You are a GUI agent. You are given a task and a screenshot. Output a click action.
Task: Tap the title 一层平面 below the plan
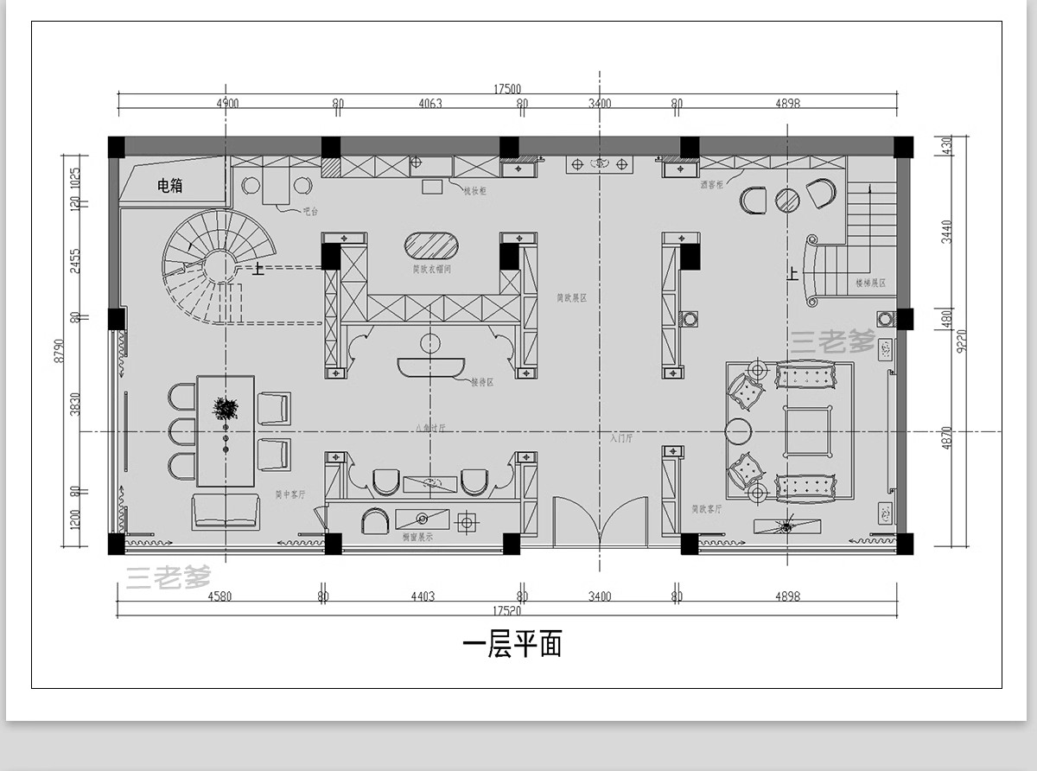512,644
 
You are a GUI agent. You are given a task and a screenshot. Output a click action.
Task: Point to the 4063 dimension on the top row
429,104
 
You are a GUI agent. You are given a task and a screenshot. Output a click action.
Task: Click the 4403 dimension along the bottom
422,596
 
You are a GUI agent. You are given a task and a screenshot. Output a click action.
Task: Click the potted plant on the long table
226,409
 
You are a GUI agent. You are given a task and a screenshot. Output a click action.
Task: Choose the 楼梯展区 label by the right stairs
870,283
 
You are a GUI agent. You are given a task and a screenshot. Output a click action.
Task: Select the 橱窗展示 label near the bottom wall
417,537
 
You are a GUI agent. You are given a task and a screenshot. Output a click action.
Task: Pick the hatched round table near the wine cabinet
787,200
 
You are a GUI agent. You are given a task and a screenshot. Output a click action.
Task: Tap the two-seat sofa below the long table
226,511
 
